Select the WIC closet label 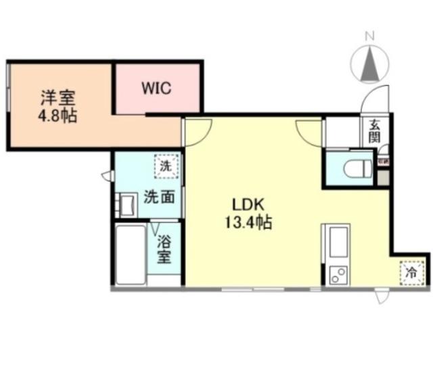(x=156, y=88)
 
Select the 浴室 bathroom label (x=164, y=248)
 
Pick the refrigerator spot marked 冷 (x=411, y=273)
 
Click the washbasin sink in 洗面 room (x=125, y=204)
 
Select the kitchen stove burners (x=337, y=274)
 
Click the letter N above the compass (x=370, y=35)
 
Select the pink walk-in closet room (x=158, y=89)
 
